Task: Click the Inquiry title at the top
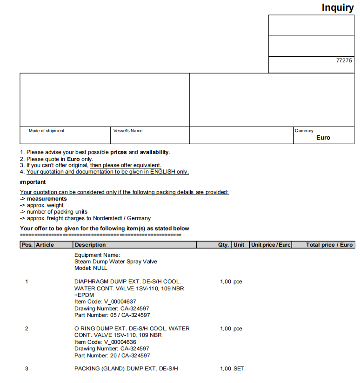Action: (338, 7)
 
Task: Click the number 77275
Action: (344, 60)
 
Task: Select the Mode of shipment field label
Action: (47, 131)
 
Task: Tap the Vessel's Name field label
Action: (128, 131)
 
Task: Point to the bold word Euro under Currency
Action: (323, 138)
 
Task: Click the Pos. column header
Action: (27, 245)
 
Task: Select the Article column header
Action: (45, 245)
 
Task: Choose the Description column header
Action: (90, 245)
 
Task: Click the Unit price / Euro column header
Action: (271, 245)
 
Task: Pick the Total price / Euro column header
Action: (329, 245)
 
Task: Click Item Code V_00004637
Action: (105, 302)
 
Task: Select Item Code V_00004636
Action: (105, 342)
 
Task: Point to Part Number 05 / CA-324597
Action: (112, 315)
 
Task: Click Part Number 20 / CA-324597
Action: (112, 356)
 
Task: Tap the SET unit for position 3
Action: (239, 369)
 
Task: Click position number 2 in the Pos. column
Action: (27, 329)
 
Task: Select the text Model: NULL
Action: (91, 268)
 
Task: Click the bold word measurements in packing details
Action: (47, 199)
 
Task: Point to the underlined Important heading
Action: (33, 182)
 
